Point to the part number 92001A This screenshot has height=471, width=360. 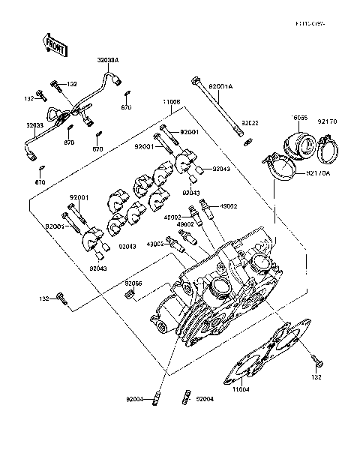[x=221, y=88]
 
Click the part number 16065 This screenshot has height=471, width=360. [x=300, y=118]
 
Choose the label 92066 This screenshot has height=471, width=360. [x=133, y=283]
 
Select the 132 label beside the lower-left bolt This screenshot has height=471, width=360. [x=45, y=298]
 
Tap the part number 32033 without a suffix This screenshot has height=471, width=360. [x=36, y=126]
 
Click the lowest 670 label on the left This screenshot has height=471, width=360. [x=40, y=182]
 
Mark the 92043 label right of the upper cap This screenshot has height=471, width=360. [x=221, y=169]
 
